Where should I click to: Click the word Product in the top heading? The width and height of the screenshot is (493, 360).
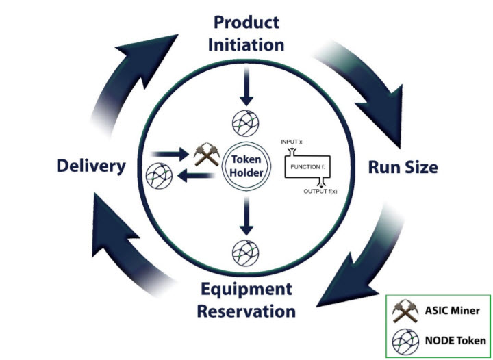pos(246,23)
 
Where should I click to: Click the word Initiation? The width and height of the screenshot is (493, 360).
pos(246,44)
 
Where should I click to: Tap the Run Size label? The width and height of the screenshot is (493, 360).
pos(403,167)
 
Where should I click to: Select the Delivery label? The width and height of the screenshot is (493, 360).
pos(91,166)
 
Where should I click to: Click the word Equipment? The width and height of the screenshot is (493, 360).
pos(246,290)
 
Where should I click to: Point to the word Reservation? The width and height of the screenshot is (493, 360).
pos(246,311)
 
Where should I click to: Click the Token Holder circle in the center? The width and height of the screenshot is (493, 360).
pos(246,166)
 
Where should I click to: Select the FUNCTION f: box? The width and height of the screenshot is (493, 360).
pos(307,167)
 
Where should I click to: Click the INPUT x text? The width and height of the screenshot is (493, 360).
pos(292,142)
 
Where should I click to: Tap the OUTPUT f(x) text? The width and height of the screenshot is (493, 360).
pos(320,192)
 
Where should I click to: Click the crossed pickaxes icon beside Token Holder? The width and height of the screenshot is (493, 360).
pos(206,154)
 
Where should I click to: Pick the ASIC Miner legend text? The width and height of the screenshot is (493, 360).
pos(452,311)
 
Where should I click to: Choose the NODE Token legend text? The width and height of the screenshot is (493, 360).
pos(455,341)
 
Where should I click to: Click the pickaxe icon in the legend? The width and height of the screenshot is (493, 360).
pos(405,311)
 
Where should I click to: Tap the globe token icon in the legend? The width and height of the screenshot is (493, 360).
pos(405,342)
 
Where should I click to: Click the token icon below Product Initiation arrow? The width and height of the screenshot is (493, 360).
pos(246,123)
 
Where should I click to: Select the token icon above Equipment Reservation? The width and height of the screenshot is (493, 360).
pos(246,253)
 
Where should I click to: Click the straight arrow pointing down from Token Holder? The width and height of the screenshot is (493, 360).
pos(246,216)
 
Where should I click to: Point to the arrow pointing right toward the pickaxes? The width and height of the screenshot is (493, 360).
pos(170,154)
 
